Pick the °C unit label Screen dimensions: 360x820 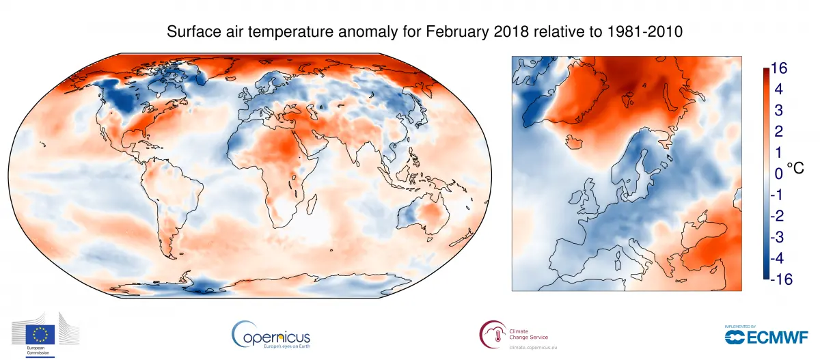(797, 168)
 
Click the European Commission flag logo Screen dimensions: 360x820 (40, 333)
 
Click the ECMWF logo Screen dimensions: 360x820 (766, 335)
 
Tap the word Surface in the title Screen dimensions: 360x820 (193, 32)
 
